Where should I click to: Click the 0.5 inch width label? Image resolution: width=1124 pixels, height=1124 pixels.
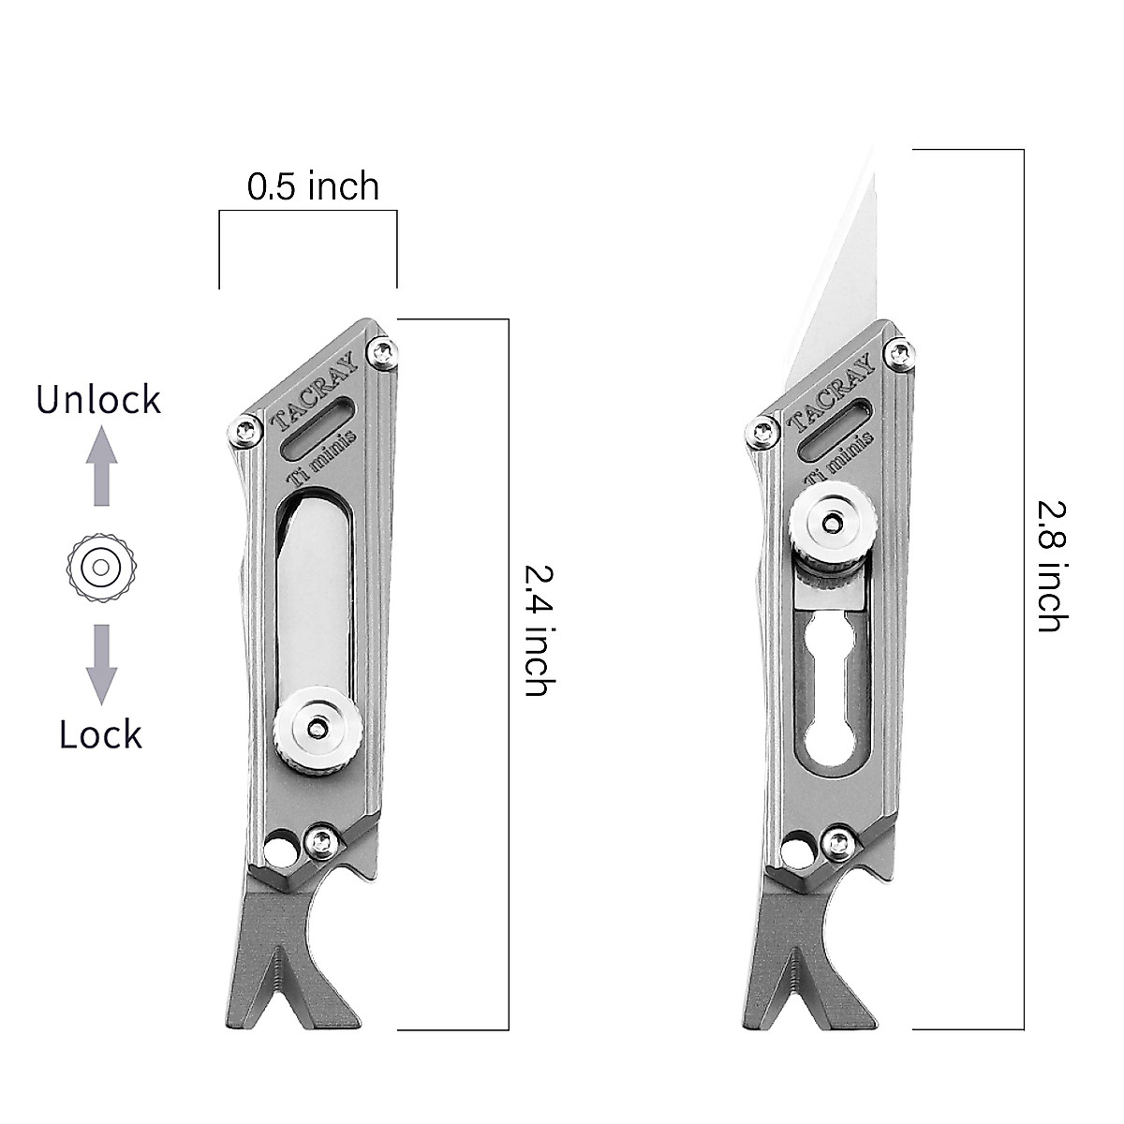click(313, 186)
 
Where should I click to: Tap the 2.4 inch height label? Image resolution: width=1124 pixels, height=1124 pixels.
click(535, 629)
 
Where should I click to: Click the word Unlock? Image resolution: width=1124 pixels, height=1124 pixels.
click(98, 400)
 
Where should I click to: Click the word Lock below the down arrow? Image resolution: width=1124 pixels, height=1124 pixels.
click(100, 734)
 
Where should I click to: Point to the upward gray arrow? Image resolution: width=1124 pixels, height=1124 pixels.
click(101, 466)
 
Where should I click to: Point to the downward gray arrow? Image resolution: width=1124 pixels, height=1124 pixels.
click(101, 664)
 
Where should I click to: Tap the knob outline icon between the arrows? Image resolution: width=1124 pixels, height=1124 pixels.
click(101, 566)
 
